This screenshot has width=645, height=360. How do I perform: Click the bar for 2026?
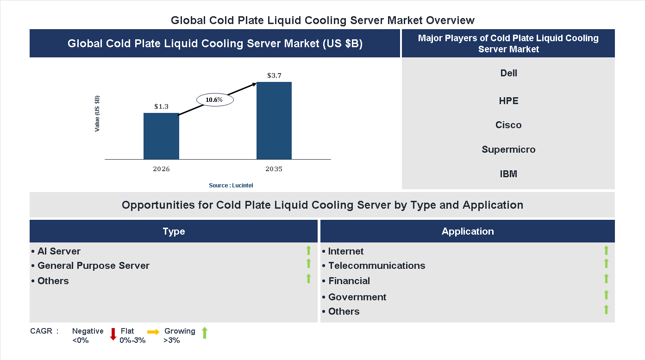click(161, 136)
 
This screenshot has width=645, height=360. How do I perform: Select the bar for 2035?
click(274, 121)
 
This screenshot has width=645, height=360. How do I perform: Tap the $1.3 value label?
click(161, 106)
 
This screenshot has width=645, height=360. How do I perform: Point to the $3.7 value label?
click(274, 75)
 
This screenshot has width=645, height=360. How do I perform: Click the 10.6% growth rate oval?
click(215, 99)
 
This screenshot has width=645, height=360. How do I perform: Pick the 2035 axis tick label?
click(274, 169)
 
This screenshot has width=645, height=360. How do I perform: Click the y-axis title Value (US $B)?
click(97, 114)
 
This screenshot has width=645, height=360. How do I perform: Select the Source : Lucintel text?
click(231, 185)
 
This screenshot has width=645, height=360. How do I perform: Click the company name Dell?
click(508, 73)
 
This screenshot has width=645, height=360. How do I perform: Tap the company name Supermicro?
click(508, 149)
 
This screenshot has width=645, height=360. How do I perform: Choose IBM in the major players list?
click(508, 174)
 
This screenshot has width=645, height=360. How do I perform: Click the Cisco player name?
click(508, 125)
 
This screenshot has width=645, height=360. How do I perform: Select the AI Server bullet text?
click(59, 251)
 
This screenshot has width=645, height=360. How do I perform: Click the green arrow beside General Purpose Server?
click(308, 264)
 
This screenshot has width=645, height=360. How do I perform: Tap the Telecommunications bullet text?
click(376, 266)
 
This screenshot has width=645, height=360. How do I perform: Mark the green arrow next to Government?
click(606, 295)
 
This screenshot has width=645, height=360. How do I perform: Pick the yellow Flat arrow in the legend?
click(153, 332)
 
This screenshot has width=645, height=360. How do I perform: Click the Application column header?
click(468, 231)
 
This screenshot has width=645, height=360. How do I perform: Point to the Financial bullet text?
click(349, 281)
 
